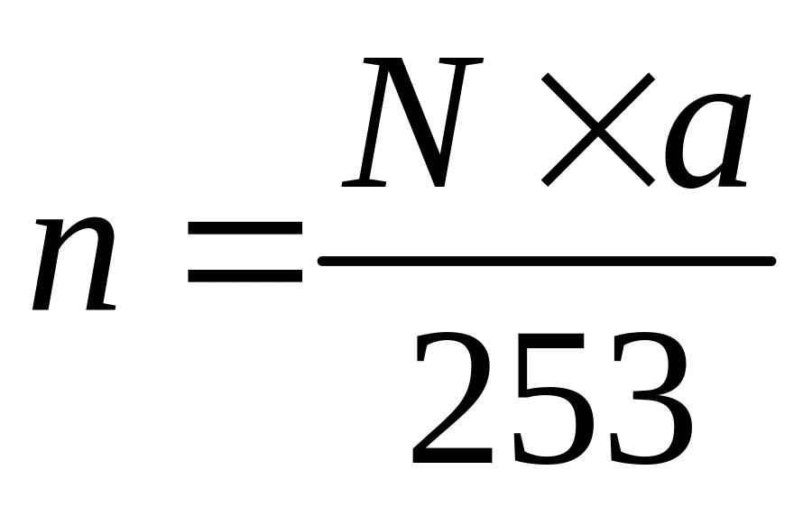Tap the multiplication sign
(x=598, y=129)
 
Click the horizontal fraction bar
(x=546, y=262)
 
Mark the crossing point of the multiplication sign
(x=598, y=129)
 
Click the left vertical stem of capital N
(x=372, y=126)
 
